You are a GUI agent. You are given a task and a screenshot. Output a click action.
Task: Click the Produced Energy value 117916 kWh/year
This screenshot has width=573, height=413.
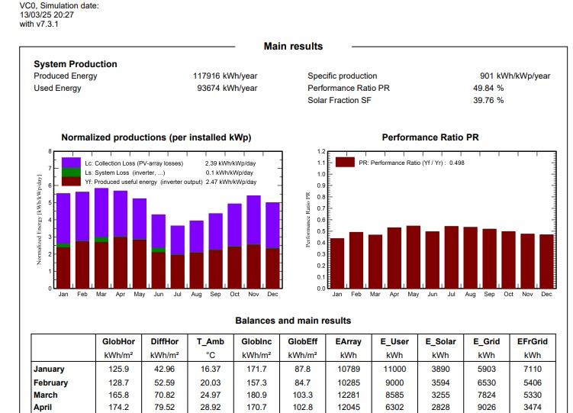pos(225,76)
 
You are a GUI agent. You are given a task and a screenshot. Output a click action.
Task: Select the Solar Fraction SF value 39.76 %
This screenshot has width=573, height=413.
pos(488,100)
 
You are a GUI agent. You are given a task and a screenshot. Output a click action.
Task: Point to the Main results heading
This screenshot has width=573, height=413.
pos(293,47)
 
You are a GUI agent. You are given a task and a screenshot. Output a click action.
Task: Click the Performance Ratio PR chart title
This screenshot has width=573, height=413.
pos(430,137)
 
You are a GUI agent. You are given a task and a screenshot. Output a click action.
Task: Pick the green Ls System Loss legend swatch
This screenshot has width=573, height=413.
pos(71,173)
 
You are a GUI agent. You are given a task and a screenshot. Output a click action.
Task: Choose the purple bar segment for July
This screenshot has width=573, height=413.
pos(177,240)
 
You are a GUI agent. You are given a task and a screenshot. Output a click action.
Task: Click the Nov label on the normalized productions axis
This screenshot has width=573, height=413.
pos(253,294)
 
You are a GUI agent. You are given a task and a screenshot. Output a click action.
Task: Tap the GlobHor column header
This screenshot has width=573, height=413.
pos(118,342)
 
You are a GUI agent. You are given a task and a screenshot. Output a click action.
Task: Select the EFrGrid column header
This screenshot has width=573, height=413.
pos(532,342)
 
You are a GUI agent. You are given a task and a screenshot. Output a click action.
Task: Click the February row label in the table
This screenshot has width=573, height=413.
pos(50,383)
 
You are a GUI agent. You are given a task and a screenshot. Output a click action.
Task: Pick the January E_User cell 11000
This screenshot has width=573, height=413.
pos(394,369)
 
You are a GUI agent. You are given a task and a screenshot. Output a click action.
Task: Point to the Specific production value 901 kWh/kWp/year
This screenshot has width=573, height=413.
pos(515,76)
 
